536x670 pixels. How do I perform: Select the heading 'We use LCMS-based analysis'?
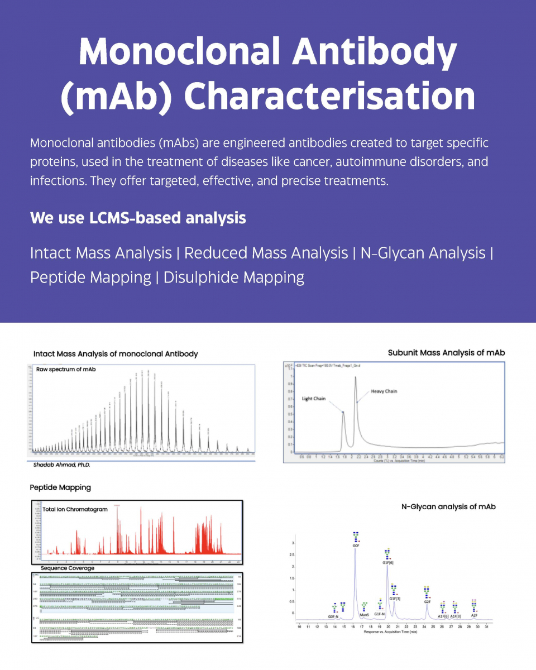(138, 218)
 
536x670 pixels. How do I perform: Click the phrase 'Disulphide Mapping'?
(234, 277)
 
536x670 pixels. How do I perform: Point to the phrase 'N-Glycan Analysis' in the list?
(423, 253)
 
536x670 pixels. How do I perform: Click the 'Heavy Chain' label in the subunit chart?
(384, 391)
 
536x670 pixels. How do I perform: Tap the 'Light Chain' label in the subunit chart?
(314, 399)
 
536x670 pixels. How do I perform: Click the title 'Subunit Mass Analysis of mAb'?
(446, 353)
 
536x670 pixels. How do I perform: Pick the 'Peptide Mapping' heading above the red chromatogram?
(60, 487)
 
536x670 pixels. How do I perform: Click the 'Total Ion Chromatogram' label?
(75, 509)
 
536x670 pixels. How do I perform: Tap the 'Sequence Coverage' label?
(68, 568)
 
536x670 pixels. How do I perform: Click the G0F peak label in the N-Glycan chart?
(356, 545)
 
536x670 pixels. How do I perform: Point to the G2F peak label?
(427, 602)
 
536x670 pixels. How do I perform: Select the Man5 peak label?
(365, 615)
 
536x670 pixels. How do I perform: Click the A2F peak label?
(474, 615)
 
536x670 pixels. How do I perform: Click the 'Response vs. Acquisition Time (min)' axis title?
(390, 632)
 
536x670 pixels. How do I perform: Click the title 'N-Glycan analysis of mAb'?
(448, 507)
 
